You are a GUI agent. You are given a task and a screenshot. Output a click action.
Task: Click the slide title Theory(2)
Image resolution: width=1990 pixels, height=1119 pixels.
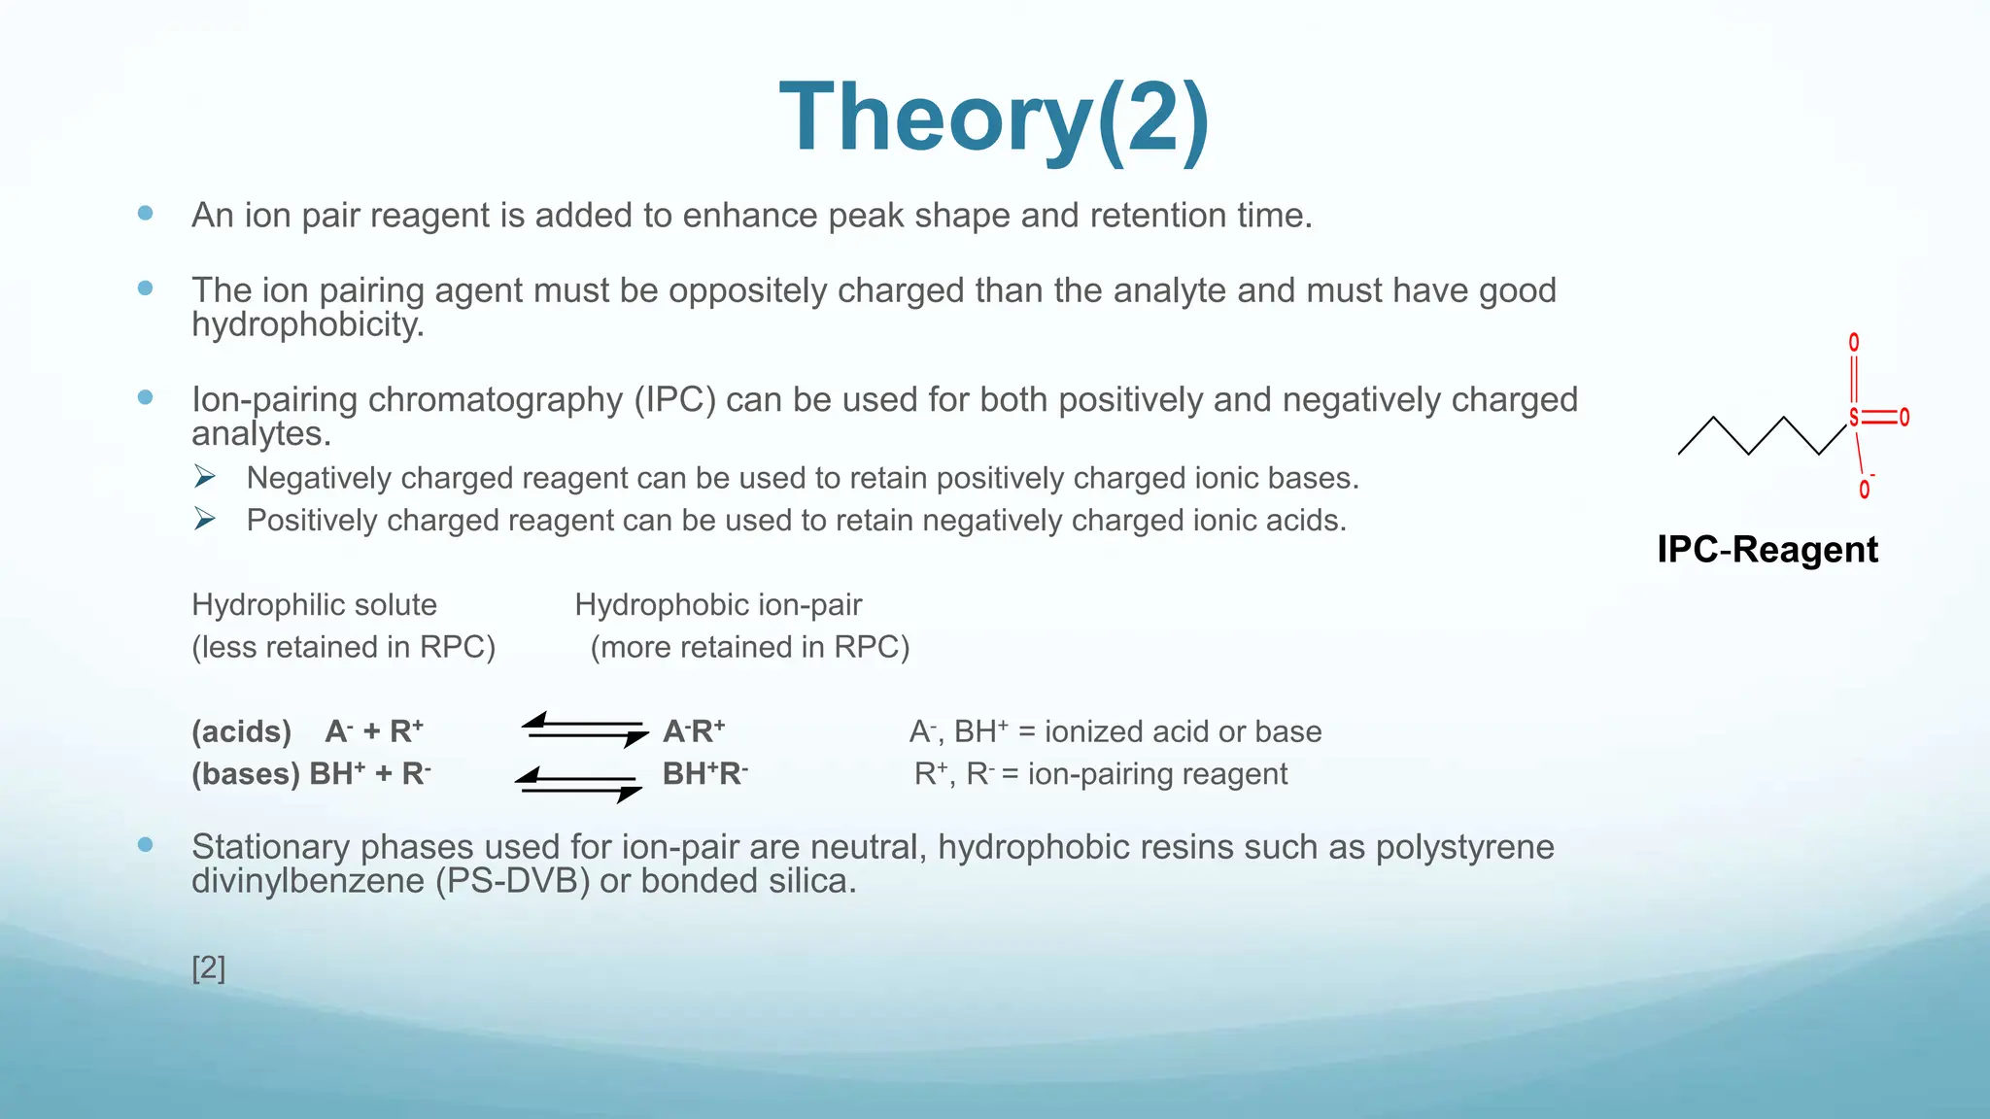994,119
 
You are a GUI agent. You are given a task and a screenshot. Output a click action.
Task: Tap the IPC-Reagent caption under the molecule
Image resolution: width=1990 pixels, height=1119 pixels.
1767,550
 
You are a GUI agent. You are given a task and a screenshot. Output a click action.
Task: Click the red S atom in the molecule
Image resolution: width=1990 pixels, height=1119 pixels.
1853,418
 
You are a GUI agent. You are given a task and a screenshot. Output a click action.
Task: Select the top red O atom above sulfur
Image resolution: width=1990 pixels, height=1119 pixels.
1854,343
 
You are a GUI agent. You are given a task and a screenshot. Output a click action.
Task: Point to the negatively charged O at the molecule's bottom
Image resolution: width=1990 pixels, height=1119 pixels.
1864,489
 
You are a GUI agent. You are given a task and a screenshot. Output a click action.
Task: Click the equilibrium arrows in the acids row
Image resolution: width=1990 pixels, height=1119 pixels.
584,730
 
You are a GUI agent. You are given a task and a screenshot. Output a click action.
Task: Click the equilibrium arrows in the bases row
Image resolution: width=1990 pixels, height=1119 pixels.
578,784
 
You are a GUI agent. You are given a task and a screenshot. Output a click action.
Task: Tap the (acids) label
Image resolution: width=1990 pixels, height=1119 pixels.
241,731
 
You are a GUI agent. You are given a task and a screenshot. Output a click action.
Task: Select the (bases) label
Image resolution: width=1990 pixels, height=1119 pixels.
246,774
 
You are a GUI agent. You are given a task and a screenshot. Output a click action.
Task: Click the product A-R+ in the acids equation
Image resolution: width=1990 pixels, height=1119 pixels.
694,731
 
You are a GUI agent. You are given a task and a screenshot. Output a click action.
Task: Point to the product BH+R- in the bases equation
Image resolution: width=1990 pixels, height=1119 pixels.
704,774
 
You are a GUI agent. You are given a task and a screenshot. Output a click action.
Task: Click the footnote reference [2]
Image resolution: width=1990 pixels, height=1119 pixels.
208,967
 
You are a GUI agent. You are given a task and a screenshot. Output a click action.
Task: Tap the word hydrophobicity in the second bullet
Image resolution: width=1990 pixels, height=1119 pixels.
307,324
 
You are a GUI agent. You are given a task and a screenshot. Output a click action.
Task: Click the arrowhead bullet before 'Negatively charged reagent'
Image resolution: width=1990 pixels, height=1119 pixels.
204,477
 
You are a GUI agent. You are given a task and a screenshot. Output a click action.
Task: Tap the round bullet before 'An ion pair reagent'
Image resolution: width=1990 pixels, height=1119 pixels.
146,213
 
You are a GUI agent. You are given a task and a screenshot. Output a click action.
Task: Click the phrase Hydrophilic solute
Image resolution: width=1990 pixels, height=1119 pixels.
314,605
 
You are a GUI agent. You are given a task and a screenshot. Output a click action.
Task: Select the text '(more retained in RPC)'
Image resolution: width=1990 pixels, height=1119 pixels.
749,647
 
